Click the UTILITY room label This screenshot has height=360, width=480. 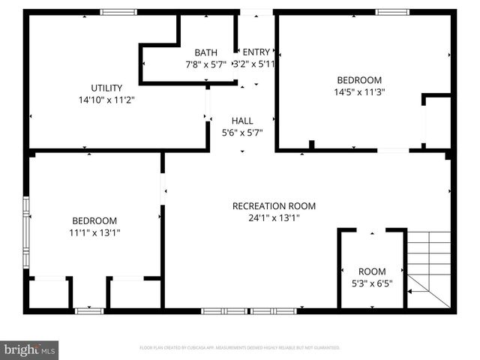tap(106, 88)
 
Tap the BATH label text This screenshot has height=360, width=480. tap(206, 52)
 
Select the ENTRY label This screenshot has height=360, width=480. tap(255, 52)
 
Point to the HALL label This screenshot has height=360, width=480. tap(242, 120)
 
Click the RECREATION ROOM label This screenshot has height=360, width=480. tap(274, 205)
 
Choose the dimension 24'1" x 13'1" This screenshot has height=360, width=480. tap(274, 218)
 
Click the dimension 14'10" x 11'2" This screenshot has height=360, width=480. tap(106, 99)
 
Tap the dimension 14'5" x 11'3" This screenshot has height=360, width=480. tap(358, 92)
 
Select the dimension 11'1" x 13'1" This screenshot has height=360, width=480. tap(94, 232)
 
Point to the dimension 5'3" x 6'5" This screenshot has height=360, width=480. tap(372, 283)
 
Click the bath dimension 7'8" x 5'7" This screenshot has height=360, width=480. tap(206, 64)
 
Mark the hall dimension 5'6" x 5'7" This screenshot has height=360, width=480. tap(242, 133)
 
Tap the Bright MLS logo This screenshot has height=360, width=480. tap(30, 349)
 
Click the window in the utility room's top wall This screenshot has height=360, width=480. tap(118, 12)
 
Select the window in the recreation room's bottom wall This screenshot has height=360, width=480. tap(249, 310)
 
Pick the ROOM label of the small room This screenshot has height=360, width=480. tap(372, 271)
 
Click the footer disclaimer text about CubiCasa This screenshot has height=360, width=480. tap(240, 348)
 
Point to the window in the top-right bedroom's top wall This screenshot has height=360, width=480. tap(392, 12)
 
